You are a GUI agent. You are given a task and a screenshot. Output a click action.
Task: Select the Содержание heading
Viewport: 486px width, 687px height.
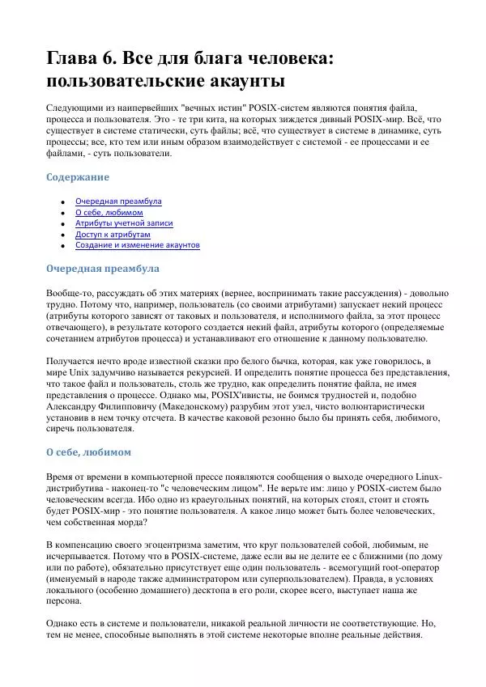[x=77, y=176]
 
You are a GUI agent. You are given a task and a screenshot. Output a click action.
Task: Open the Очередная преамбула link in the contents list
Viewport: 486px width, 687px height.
[x=118, y=201]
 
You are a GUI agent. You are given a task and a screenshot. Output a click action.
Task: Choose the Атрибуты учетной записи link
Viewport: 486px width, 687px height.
[x=124, y=223]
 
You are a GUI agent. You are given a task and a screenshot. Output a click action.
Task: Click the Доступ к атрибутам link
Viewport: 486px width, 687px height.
[x=113, y=234]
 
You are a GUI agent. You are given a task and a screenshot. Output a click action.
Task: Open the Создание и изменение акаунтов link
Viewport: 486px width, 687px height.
[x=137, y=244]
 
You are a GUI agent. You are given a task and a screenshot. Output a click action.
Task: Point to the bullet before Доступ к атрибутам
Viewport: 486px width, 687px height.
[x=62, y=235]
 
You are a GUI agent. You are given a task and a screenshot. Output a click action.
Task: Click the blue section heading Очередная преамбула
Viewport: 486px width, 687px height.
[x=102, y=268]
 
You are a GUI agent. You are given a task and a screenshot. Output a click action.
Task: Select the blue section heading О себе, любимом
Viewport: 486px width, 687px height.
[x=88, y=452]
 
